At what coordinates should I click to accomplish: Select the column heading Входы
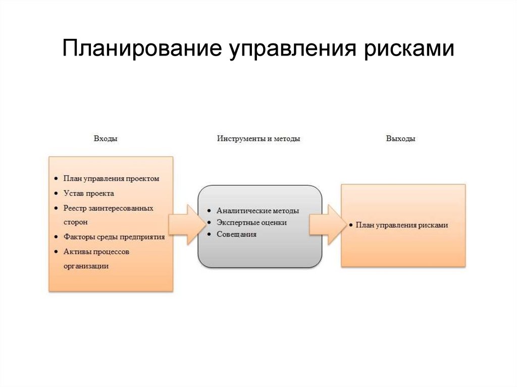pyautogui.click(x=106, y=139)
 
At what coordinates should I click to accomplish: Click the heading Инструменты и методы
pyautogui.click(x=258, y=139)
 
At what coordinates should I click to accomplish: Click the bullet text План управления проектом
pyautogui.click(x=111, y=179)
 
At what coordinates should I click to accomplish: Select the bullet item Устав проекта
pyautogui.click(x=89, y=193)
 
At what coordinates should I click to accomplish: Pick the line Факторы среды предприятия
pyautogui.click(x=114, y=237)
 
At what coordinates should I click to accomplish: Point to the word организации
pyautogui.click(x=86, y=265)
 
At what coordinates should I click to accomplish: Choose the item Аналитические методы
pyautogui.click(x=257, y=211)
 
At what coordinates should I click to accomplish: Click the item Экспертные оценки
pyautogui.click(x=251, y=223)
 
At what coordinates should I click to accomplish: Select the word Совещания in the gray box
pyautogui.click(x=236, y=234)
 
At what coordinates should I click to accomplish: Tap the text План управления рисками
pyautogui.click(x=401, y=226)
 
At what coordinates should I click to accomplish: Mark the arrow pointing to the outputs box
pyautogui.click(x=325, y=225)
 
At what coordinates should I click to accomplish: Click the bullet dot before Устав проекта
pyautogui.click(x=55, y=194)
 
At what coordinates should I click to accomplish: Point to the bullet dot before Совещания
pyautogui.click(x=208, y=235)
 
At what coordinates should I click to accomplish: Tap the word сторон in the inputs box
pyautogui.click(x=76, y=222)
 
